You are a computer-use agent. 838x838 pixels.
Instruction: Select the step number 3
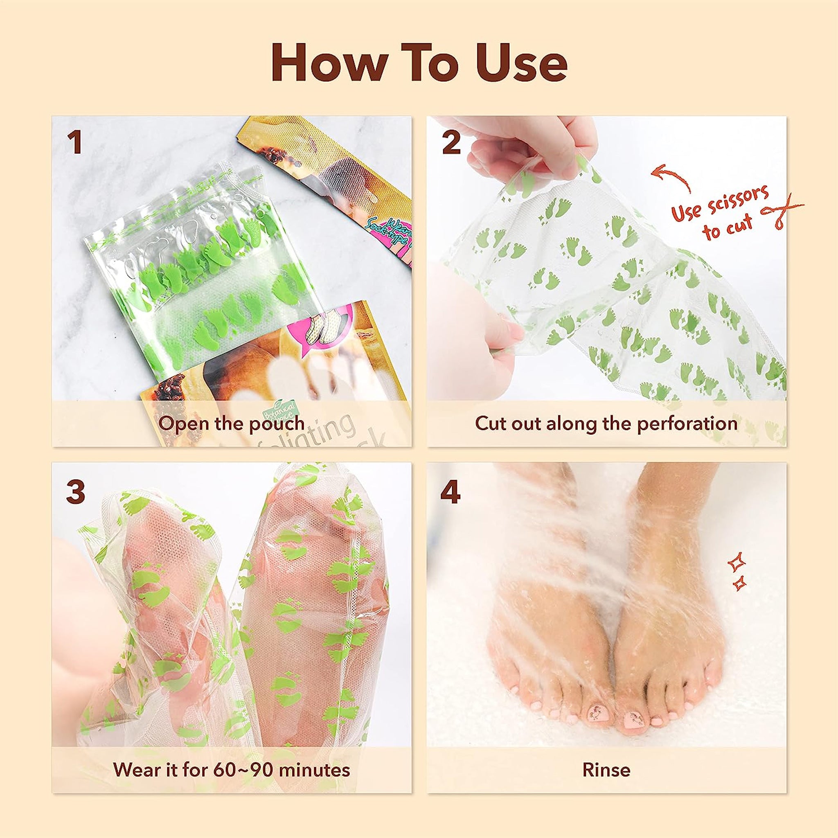pyautogui.click(x=75, y=493)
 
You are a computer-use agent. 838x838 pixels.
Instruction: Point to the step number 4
pyautogui.click(x=450, y=493)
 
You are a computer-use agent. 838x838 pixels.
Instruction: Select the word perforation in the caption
pyautogui.click(x=687, y=424)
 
